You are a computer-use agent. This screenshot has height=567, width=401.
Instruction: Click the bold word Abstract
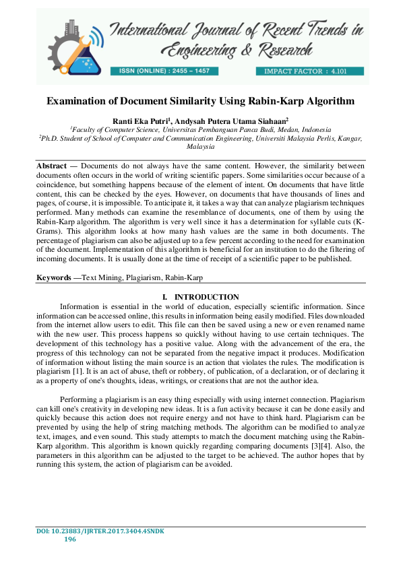pos(51,166)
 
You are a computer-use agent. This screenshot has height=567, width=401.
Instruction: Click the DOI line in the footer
pos(100,531)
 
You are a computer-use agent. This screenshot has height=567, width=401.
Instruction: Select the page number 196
pos(69,539)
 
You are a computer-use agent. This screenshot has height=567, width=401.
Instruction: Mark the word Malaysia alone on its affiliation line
pos(200,146)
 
